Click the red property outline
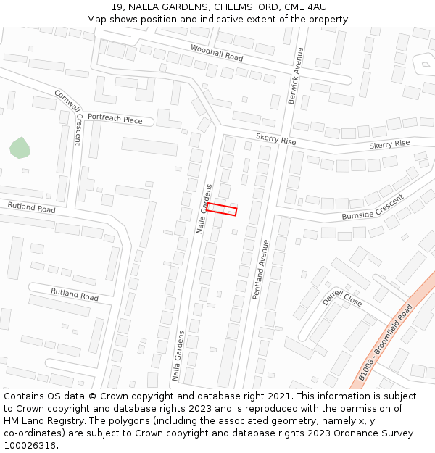pos(222,209)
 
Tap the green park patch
pos(20,149)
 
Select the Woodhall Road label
pos(217,52)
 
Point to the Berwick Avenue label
pos(295,75)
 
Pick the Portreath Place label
pos(115,119)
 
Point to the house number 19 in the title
pos(117,7)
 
